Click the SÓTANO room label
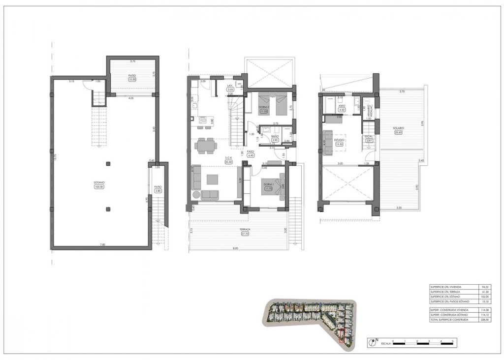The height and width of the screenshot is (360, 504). tap(99, 182)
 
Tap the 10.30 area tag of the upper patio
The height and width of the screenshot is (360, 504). tap(132, 79)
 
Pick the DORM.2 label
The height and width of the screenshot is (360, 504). tap(264, 107)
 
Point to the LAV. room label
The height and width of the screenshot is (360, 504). tap(229, 86)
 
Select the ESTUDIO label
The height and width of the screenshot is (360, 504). tap(339, 140)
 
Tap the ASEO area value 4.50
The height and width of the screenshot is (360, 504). tap(342, 110)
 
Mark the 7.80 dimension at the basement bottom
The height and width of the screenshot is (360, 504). tap(102, 244)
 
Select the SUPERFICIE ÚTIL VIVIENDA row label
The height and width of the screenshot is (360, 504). tap(446, 287)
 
